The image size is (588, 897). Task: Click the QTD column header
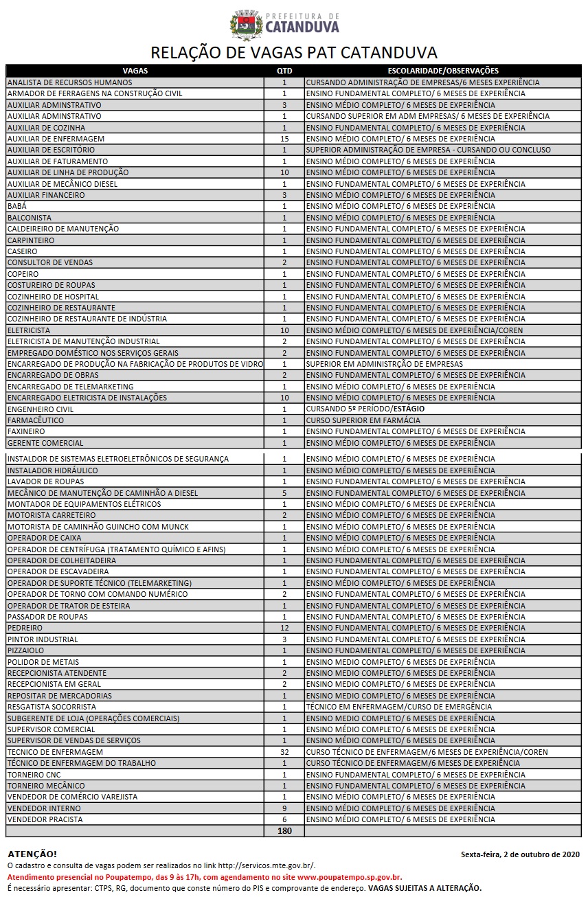click(284, 71)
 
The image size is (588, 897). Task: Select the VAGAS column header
click(135, 71)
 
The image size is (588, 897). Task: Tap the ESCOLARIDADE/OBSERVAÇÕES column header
click(443, 71)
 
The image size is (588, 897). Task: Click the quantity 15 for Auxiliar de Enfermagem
click(284, 139)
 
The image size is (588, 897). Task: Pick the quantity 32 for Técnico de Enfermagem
click(284, 752)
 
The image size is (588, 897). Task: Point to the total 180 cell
click(284, 831)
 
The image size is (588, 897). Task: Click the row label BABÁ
click(17, 206)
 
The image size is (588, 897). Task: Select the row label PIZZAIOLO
click(25, 650)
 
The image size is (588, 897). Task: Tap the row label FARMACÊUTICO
click(36, 420)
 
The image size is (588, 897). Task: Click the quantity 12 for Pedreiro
click(284, 628)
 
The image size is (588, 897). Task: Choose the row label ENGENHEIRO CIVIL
click(41, 409)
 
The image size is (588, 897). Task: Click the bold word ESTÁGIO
click(409, 409)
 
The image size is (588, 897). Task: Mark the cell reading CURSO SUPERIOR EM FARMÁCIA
click(363, 420)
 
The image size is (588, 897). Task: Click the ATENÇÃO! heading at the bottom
click(32, 854)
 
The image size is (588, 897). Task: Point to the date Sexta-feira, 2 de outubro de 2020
click(520, 854)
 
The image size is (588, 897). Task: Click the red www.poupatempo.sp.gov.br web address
click(350, 877)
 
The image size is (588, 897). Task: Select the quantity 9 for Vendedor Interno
click(284, 808)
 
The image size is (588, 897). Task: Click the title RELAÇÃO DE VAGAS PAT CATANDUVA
click(293, 53)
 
